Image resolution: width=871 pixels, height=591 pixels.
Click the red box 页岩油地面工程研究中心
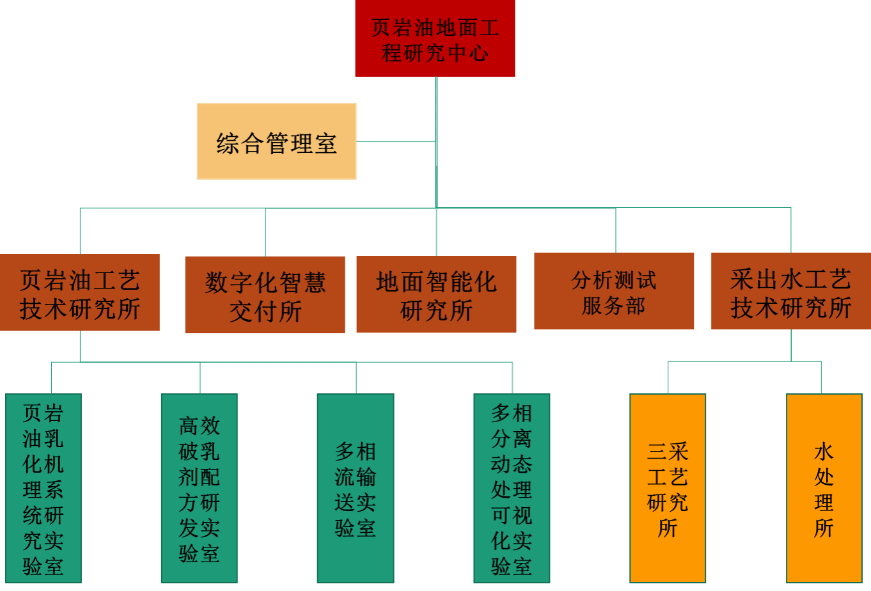(435, 38)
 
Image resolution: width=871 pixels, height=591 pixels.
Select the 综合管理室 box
(276, 141)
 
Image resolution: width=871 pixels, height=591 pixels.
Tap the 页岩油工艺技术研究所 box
(80, 292)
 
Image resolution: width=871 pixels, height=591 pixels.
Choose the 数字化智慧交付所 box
(265, 295)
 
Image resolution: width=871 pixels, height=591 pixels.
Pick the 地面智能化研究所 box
(436, 294)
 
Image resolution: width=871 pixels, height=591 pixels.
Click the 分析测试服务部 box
(614, 291)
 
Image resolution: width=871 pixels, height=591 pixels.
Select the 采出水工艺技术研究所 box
(791, 291)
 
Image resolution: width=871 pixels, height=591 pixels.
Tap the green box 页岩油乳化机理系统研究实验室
(43, 488)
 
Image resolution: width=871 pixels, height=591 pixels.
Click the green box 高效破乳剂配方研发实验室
(199, 488)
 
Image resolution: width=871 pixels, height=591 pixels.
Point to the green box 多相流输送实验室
(356, 488)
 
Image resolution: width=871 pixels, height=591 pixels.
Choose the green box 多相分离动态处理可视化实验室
(512, 488)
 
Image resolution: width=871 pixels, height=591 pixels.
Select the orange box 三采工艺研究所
(668, 488)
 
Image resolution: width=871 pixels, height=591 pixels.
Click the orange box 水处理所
(824, 488)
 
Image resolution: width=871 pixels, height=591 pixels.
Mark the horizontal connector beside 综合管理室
(396, 141)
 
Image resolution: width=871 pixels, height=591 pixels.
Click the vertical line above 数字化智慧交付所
(265, 232)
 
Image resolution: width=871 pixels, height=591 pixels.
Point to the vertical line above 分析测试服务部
(616, 230)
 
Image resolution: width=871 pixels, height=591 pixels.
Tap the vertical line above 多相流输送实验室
(356, 378)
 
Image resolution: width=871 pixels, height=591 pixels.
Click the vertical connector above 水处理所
(821, 377)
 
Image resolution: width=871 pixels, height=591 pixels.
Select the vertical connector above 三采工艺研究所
(668, 377)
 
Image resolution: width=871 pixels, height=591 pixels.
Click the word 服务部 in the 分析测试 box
(614, 306)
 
